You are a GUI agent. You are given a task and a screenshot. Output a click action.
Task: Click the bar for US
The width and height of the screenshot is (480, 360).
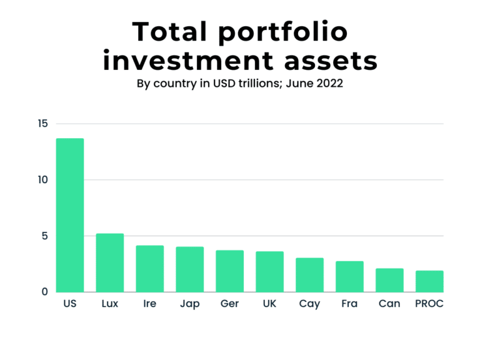69,215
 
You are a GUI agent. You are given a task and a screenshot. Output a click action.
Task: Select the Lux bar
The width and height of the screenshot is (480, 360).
109,262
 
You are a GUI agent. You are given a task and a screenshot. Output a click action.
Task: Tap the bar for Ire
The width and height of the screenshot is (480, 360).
149,269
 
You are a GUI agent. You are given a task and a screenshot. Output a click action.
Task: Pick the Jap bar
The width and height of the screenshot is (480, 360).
189,269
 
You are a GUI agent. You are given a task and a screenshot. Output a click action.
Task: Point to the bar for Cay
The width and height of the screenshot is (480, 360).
309,275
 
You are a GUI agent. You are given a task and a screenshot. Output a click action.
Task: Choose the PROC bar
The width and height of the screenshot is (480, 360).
429,281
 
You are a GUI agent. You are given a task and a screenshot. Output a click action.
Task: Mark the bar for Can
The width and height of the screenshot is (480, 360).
389,280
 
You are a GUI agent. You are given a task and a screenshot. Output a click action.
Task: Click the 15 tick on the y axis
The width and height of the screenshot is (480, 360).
42,124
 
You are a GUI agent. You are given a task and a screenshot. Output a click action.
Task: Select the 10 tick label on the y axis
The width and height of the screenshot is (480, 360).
42,180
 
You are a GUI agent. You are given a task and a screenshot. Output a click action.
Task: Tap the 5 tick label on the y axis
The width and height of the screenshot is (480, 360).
44,236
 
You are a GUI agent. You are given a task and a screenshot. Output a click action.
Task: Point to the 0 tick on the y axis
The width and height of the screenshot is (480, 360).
44,292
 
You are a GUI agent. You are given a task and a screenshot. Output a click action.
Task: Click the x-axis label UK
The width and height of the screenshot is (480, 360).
269,304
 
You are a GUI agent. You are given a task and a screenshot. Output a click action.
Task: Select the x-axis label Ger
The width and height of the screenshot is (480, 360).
229,304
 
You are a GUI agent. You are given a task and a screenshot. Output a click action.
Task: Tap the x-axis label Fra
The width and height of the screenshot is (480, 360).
349,304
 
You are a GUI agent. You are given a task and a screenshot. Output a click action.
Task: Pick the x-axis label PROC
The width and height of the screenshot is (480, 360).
429,304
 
